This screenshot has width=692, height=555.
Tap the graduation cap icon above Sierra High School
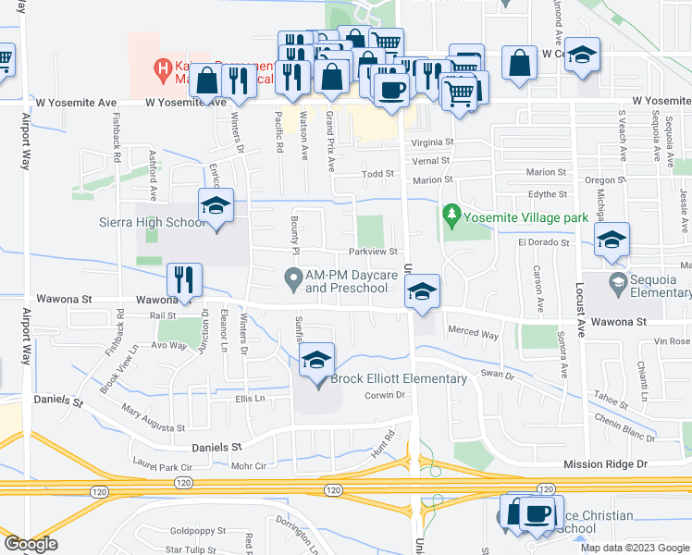tap(215, 205)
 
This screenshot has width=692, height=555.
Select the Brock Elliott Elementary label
tap(399, 379)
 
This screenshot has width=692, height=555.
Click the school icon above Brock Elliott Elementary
tap(316, 360)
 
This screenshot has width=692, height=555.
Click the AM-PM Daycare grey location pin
tap(293, 277)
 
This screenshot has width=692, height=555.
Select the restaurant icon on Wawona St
tap(183, 280)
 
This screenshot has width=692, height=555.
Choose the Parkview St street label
tap(373, 252)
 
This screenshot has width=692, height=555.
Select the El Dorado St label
tap(540, 242)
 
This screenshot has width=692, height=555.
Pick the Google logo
tap(31, 544)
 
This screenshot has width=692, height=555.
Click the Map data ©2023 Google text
tap(634, 548)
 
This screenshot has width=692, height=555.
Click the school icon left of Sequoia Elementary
tap(611, 240)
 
